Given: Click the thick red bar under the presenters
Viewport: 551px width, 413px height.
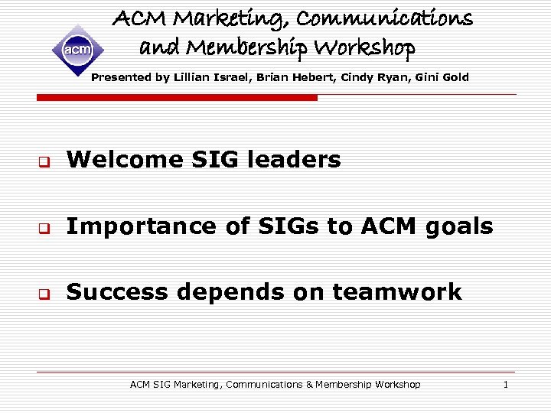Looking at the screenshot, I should click(177, 98).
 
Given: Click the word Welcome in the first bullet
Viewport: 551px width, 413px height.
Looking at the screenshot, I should click(113, 159).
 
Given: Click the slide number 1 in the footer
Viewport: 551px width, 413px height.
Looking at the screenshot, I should click(505, 384).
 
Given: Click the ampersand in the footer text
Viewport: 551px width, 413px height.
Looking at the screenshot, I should click(310, 384).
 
